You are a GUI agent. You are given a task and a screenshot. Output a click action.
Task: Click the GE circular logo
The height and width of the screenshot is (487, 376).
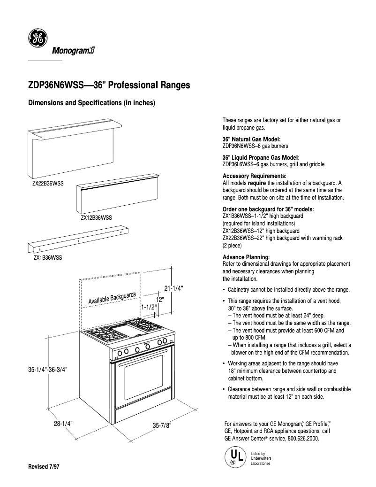(x=37, y=38)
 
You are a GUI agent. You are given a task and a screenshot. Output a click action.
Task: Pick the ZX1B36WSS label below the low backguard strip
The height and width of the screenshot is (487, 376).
(x=47, y=257)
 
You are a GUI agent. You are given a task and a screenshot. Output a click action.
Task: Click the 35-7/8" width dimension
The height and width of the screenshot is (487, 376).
(x=162, y=425)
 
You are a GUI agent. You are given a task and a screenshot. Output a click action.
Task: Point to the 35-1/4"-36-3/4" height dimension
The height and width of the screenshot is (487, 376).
(x=48, y=370)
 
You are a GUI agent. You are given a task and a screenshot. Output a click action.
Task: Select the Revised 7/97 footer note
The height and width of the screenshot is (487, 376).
(x=45, y=468)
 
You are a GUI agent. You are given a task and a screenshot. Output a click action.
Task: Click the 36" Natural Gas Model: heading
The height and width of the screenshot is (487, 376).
(x=251, y=139)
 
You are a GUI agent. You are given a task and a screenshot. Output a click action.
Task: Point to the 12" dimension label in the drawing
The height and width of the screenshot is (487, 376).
(x=160, y=299)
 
